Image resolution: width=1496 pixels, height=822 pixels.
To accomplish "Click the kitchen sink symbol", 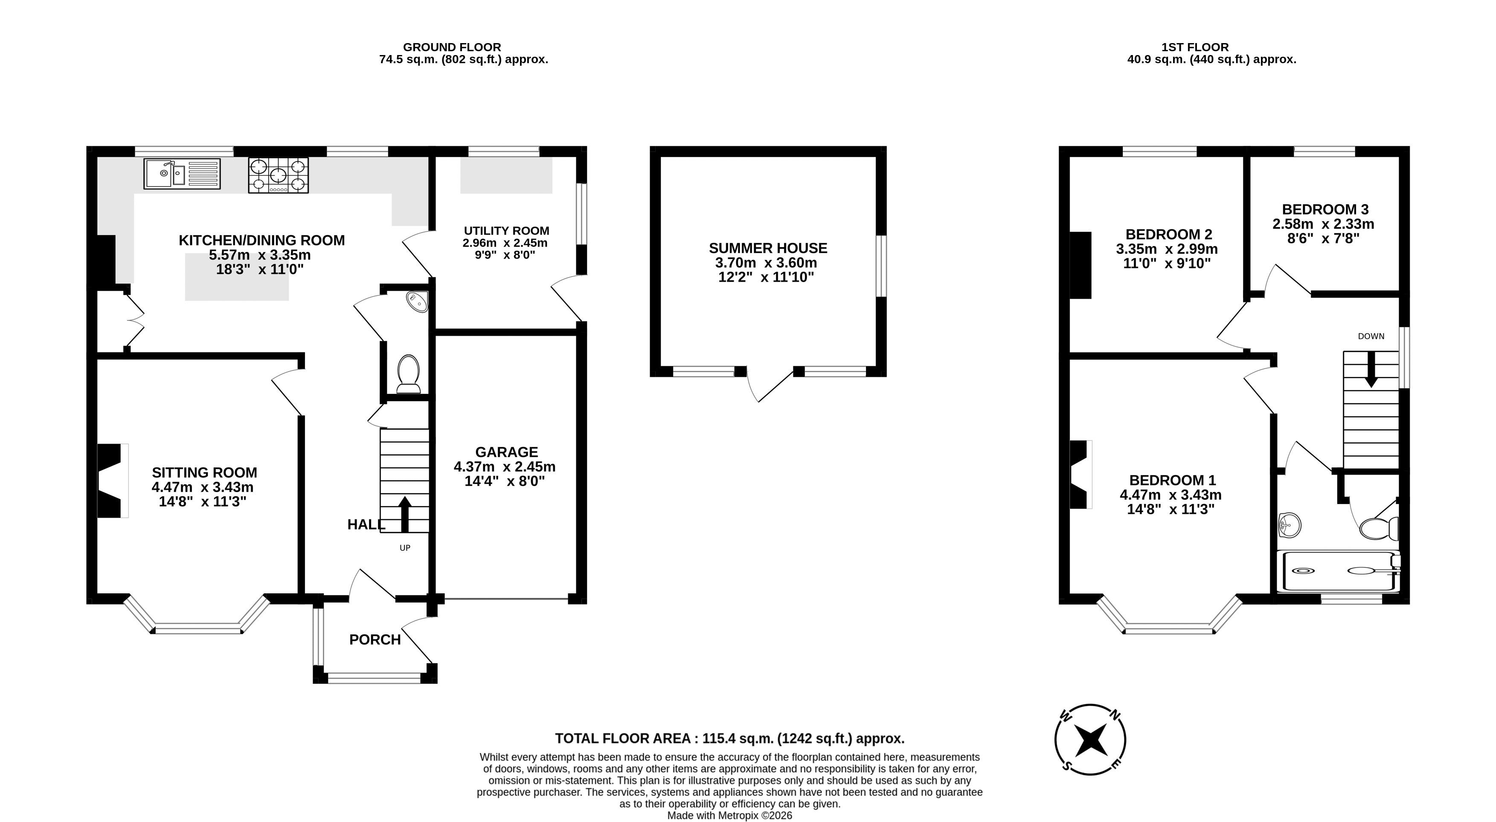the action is click(182, 173).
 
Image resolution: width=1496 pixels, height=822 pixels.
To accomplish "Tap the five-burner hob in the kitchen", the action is click(278, 175).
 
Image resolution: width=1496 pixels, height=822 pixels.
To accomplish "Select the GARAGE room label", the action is click(506, 452).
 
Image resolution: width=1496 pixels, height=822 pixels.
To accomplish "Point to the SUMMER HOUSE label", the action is click(768, 248).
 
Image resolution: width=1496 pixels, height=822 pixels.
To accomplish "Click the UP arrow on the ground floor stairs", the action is click(405, 514).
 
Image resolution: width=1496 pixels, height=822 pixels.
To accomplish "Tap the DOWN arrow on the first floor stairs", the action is click(1371, 370).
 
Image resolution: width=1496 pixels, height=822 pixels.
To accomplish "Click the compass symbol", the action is click(1090, 740).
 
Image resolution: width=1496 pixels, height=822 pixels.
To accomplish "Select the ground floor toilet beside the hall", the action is click(409, 373).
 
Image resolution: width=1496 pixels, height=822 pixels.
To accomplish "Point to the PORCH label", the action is click(375, 640).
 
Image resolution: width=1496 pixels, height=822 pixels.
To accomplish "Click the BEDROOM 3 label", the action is click(1324, 209).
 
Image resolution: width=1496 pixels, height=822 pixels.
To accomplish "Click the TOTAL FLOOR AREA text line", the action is click(730, 738).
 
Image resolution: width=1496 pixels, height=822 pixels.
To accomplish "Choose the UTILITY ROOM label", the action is click(506, 230).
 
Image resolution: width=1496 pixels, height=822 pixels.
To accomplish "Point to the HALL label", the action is click(366, 525).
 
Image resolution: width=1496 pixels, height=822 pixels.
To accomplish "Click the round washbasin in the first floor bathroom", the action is click(1289, 525).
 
